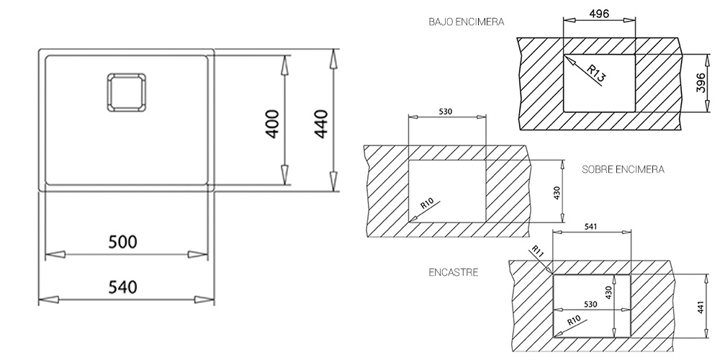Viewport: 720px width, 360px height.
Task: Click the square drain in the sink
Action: click(127, 92)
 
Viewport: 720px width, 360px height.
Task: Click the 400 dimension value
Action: click(272, 124)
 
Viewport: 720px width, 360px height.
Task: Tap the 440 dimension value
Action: click(320, 124)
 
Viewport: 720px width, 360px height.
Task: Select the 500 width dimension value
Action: click(122, 241)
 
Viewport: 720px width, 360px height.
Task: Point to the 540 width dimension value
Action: click(122, 287)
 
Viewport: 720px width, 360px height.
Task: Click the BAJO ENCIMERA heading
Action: click(467, 22)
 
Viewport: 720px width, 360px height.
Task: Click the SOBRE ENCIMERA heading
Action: click(623, 169)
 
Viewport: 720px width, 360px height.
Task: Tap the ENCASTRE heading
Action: click(453, 272)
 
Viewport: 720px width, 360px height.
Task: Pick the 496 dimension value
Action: click(599, 14)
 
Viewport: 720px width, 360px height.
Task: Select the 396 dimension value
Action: click(701, 83)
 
